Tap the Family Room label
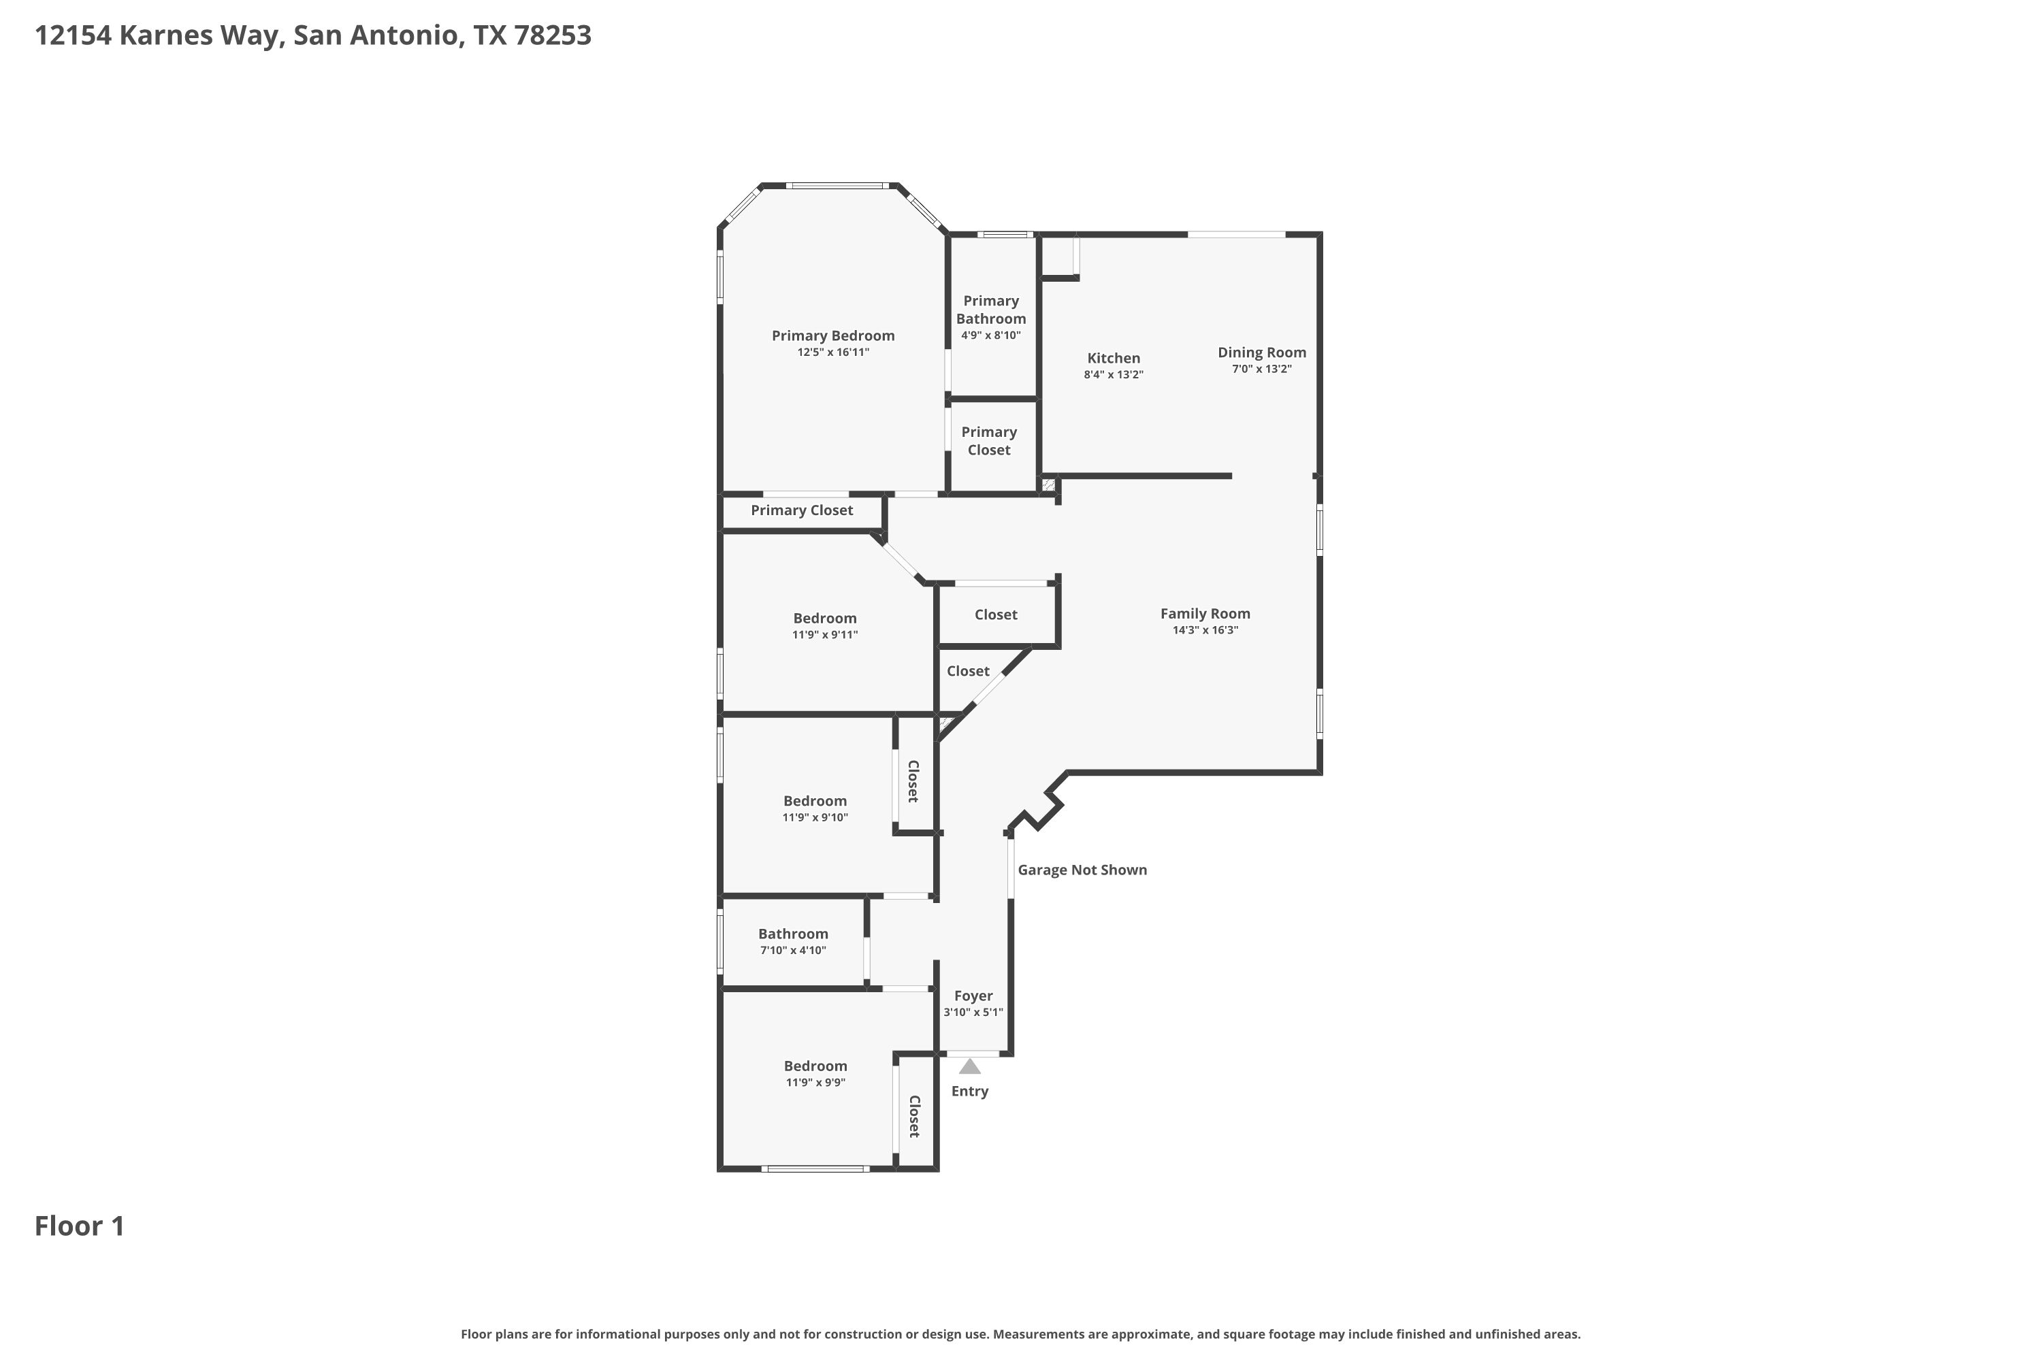(1205, 614)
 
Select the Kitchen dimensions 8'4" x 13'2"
(1113, 375)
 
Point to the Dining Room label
(1261, 352)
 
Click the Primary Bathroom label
(990, 310)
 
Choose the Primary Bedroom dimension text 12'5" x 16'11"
(832, 352)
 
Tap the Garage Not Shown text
(1082, 870)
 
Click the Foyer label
(973, 996)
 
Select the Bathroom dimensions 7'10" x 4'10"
(793, 951)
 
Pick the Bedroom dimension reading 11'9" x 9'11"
(825, 634)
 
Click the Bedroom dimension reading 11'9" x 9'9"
(815, 1083)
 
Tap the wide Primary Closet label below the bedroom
(801, 510)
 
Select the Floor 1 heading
(80, 1226)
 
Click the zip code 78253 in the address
(552, 35)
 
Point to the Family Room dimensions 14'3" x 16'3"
(1205, 630)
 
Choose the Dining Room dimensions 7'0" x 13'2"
(1261, 369)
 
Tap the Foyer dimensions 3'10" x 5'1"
(973, 1012)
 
